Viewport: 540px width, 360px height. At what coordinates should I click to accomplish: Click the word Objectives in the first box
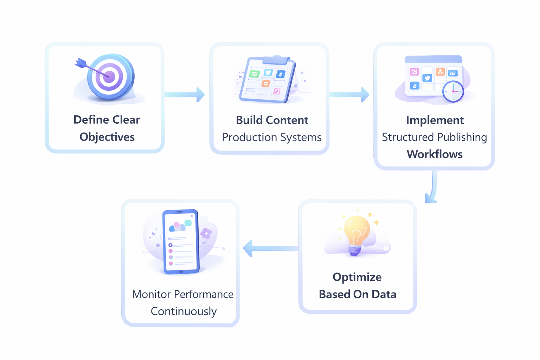tap(107, 137)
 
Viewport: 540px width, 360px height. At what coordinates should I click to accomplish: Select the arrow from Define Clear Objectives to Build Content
tap(185, 95)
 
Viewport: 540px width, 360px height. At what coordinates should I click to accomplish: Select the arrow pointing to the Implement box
tap(349, 95)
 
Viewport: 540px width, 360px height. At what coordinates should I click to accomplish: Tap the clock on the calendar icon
tap(453, 91)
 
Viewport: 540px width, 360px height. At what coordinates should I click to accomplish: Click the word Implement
tap(435, 120)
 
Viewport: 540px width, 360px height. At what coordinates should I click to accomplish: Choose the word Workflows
tap(435, 154)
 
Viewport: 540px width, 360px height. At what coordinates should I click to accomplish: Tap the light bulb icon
tap(356, 234)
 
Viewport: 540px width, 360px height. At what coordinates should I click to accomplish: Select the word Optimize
tap(357, 277)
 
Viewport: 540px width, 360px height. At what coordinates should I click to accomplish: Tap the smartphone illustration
tap(181, 242)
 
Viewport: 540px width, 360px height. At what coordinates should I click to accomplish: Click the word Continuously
tap(184, 311)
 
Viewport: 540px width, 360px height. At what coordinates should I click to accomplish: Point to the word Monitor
tap(151, 294)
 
